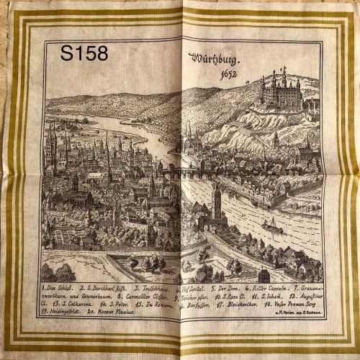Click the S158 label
click(x=84, y=53)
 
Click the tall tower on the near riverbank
click(x=216, y=202)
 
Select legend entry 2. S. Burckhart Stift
click(x=110, y=287)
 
